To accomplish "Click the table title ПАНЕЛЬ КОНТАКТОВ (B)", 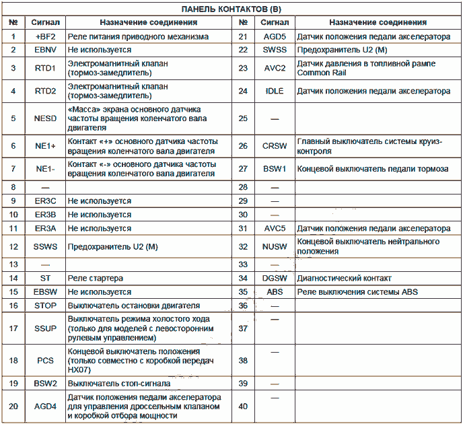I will (x=231, y=10).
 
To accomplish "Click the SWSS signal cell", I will (x=275, y=50).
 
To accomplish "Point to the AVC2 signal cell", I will (x=275, y=68).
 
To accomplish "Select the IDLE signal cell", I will (x=275, y=91).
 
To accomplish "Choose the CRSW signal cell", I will (x=275, y=146).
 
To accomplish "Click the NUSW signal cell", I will (x=275, y=247).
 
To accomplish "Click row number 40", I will (x=243, y=406).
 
